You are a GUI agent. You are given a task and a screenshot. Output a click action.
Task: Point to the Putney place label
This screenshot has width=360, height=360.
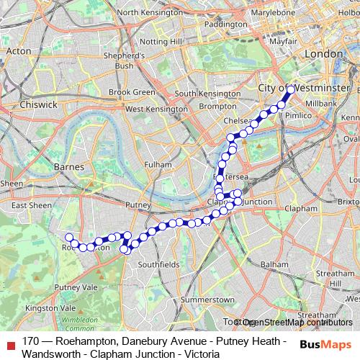pos(138,205)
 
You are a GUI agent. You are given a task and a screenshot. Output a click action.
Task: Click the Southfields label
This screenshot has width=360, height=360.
pos(158,265)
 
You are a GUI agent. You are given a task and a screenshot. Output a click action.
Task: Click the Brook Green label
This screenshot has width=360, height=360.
pos(132,92)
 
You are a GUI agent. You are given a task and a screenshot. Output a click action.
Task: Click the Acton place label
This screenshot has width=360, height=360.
pos(19,51)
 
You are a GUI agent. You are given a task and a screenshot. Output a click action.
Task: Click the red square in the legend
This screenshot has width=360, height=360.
pos(10,344)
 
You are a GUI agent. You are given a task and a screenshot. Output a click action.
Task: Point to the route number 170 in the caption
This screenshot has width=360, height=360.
pos(30,340)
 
